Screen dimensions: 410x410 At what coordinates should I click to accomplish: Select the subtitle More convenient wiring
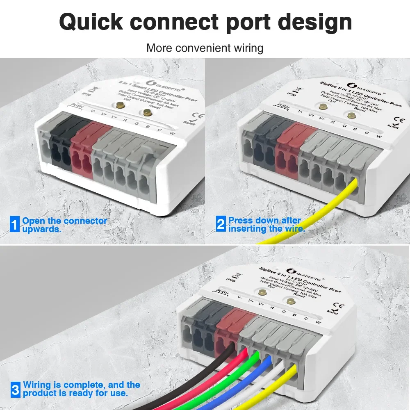[205, 48]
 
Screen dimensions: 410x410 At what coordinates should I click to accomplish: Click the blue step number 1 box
[15, 225]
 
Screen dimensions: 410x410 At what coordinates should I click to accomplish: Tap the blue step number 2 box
[221, 225]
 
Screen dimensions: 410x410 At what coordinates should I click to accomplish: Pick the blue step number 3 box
[15, 389]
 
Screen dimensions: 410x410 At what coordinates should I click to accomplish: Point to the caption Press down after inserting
[266, 225]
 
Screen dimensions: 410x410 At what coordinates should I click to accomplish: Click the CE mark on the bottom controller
[340, 305]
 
